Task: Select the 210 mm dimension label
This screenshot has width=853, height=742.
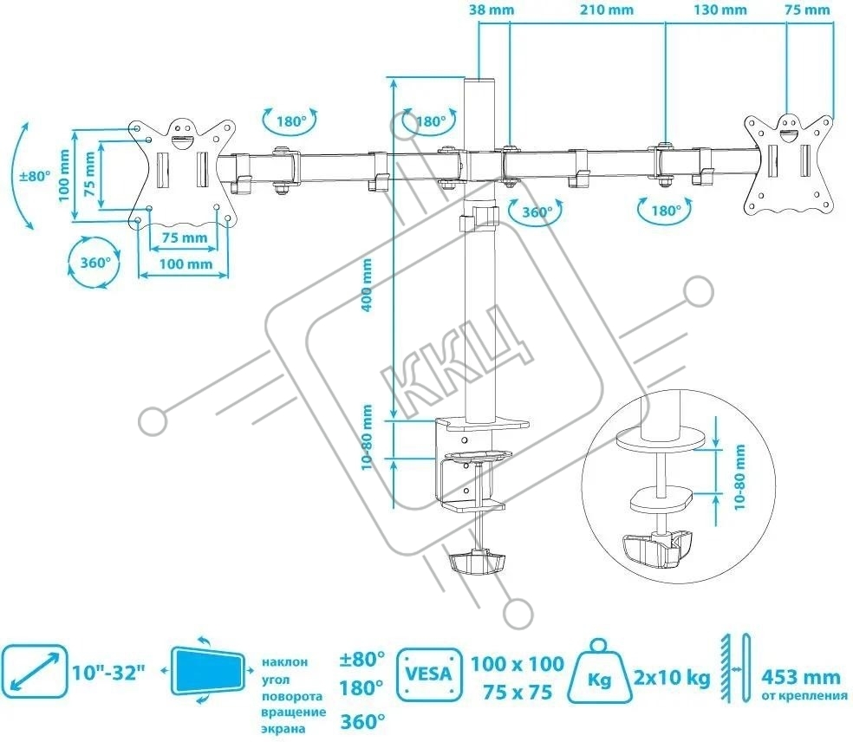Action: [x=607, y=10]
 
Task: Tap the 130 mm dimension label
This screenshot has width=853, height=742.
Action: [x=720, y=10]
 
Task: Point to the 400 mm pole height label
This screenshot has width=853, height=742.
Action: [x=368, y=284]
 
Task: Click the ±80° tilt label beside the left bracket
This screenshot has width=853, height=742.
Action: [x=34, y=176]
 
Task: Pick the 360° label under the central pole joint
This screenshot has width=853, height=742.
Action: [x=537, y=212]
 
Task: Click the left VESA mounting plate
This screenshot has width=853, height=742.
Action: [x=182, y=172]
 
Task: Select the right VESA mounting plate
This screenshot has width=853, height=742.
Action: [x=788, y=164]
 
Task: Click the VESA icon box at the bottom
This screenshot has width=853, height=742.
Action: [x=429, y=674]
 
